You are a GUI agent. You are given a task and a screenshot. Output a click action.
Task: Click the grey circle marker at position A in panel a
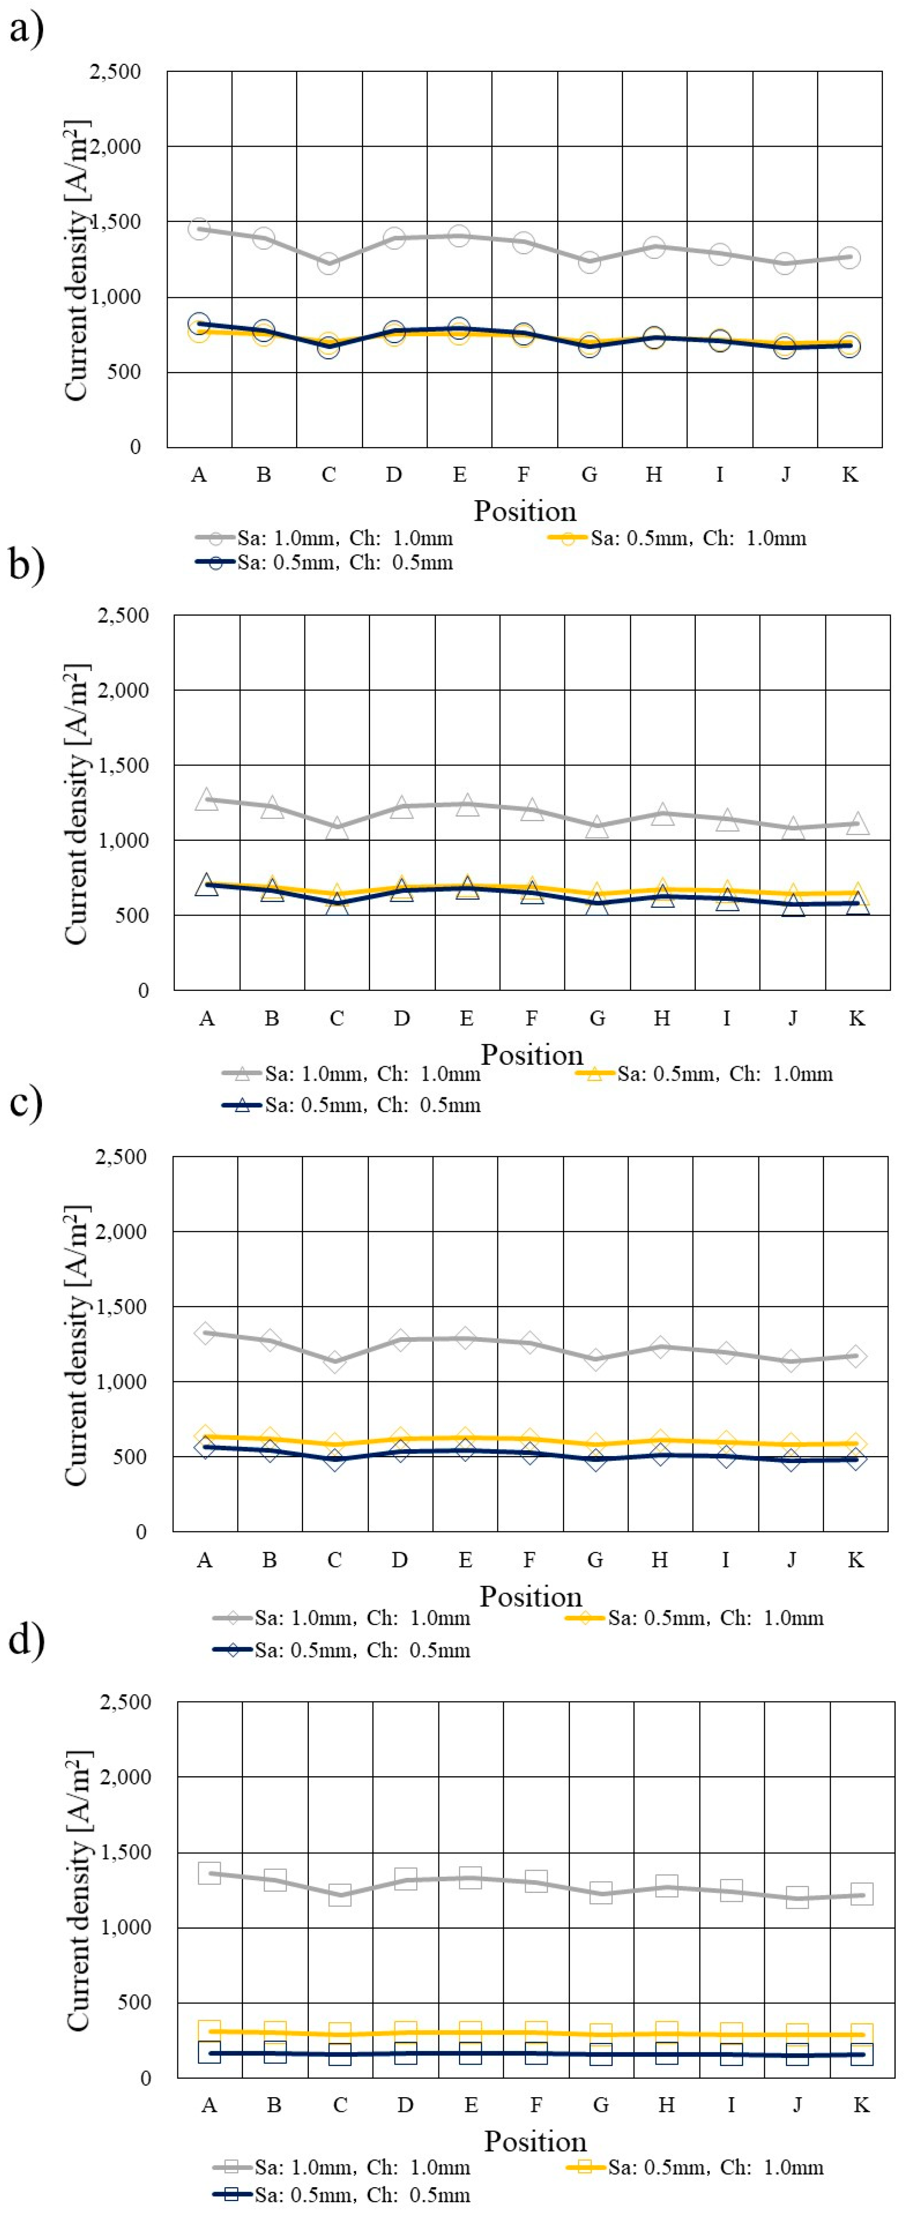coord(199,229)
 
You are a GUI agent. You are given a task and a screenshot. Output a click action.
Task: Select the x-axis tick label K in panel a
coord(850,474)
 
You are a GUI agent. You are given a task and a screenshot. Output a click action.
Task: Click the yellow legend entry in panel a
coord(677,538)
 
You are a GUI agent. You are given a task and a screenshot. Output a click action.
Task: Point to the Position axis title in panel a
coord(525,511)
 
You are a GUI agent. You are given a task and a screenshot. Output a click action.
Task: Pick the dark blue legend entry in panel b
coord(352,1105)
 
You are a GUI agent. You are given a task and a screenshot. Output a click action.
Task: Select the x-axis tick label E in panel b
coord(466,1019)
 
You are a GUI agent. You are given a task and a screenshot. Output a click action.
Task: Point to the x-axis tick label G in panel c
coord(594,1560)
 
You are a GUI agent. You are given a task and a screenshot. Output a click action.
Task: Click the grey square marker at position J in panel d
coord(797,1898)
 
